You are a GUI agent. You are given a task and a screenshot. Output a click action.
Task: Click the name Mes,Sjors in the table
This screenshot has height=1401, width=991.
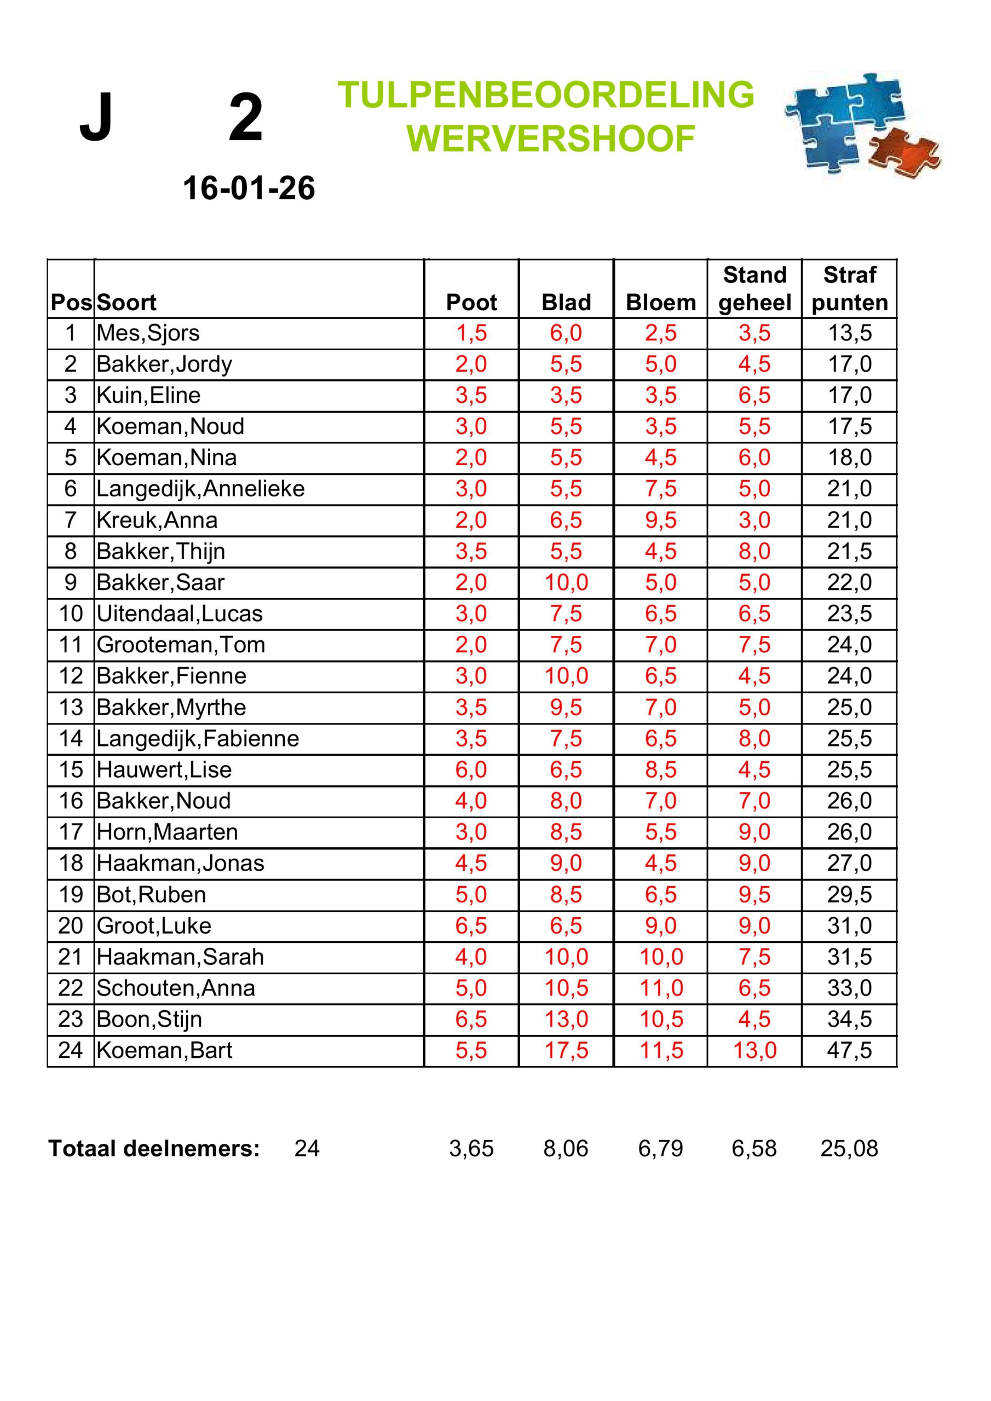(148, 333)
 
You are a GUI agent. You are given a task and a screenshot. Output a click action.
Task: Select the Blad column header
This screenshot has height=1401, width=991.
(566, 303)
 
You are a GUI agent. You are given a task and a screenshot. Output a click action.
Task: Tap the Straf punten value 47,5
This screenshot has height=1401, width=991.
(849, 1050)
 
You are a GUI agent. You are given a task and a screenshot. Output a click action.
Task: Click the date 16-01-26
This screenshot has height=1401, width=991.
(249, 188)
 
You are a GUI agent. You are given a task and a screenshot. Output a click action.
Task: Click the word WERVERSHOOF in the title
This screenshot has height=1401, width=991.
(551, 138)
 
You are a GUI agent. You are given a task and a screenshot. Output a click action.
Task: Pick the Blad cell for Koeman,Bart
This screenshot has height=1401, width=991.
(566, 1050)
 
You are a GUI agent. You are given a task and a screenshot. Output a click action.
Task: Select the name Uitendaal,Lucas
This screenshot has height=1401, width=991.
(180, 613)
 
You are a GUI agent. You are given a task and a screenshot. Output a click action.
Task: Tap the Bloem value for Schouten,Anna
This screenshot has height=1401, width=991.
(661, 988)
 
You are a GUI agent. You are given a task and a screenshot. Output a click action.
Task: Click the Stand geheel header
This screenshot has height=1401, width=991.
(754, 288)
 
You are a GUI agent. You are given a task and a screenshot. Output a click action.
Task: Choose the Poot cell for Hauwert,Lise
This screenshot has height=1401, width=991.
(471, 769)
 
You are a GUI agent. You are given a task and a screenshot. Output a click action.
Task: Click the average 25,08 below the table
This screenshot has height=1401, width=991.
(849, 1149)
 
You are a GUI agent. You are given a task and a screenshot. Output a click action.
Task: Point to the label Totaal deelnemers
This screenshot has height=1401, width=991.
(154, 1149)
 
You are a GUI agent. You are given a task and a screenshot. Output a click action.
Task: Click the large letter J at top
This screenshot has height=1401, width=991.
(96, 117)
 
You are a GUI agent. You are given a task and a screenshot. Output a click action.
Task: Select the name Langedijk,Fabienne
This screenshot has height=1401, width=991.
(198, 738)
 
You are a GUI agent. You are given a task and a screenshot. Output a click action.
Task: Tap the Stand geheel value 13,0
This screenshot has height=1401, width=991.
(754, 1050)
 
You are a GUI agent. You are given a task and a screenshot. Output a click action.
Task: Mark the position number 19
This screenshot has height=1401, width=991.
(71, 895)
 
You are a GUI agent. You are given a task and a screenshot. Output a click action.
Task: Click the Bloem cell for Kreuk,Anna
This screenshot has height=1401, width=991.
(661, 520)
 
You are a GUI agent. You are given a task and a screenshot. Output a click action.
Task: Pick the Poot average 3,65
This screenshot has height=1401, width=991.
(471, 1149)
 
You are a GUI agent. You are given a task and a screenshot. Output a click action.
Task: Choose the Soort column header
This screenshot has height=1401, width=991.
(126, 303)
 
